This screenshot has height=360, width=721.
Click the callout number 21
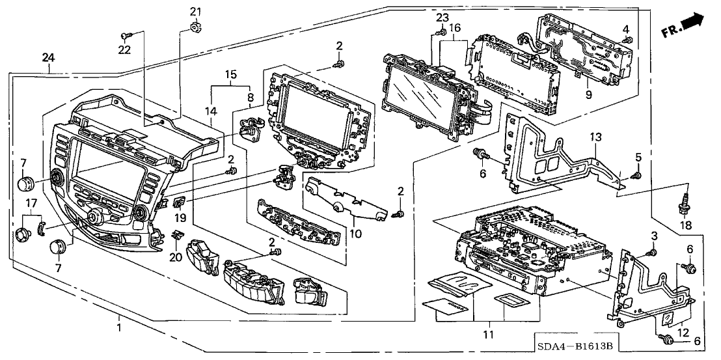click(x=196, y=12)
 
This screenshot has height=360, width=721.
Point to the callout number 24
click(x=47, y=58)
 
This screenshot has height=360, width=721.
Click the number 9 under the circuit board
click(x=588, y=94)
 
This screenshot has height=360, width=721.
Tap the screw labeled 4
click(x=628, y=40)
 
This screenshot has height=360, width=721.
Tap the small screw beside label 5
click(x=637, y=174)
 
